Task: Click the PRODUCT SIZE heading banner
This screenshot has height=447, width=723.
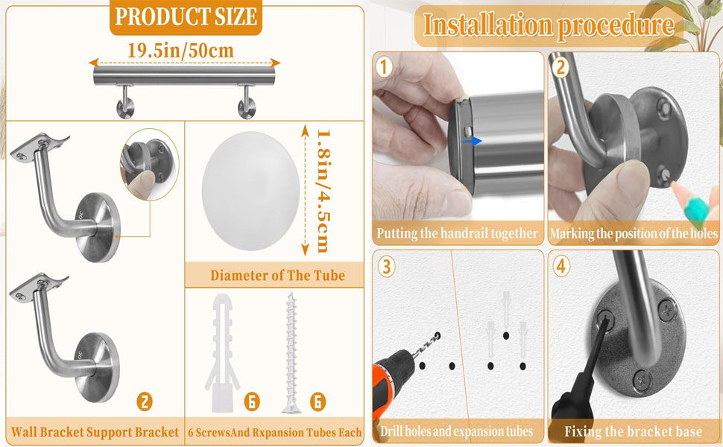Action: [186, 16]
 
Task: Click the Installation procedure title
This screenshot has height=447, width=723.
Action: [548, 26]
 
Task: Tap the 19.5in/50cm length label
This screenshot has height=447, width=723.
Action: [180, 51]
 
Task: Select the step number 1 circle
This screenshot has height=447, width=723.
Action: [384, 67]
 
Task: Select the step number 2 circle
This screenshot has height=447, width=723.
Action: [561, 67]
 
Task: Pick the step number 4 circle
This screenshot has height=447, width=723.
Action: [561, 266]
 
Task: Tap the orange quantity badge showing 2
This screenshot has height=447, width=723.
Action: [145, 402]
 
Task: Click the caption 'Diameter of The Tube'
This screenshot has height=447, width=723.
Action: [277, 276]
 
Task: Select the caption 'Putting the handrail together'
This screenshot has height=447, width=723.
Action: [457, 233]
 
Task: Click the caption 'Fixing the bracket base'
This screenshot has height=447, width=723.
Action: [633, 431]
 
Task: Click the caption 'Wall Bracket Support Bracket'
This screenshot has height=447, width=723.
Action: [95, 432]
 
